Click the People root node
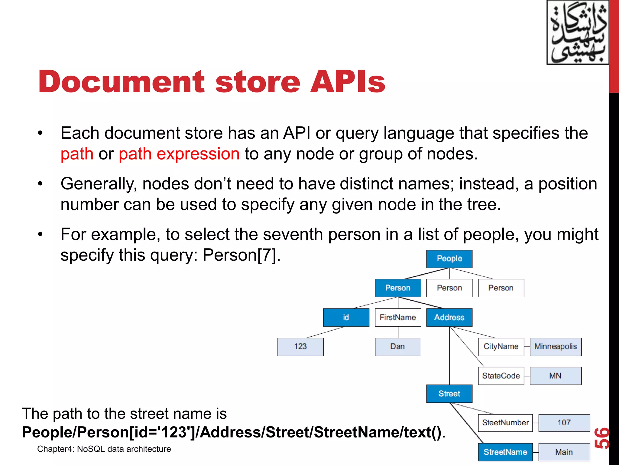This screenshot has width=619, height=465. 449,259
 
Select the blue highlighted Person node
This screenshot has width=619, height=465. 398,288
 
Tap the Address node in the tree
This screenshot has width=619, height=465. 449,317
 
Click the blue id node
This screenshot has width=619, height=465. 346,317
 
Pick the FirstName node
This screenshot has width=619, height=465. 398,317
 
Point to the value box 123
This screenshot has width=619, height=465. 300,347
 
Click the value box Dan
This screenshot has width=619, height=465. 398,347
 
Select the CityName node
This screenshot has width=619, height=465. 501,347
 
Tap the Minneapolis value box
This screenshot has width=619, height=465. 556,347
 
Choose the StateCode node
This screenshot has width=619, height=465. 501,376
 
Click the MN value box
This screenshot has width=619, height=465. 556,376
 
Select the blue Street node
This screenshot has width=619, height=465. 449,394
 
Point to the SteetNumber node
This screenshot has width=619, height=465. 505,423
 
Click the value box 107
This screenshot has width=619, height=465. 564,423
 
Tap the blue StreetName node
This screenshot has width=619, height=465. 505,452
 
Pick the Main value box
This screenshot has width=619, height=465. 564,452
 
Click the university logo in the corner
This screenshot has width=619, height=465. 577,32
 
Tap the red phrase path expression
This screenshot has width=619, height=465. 179,154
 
